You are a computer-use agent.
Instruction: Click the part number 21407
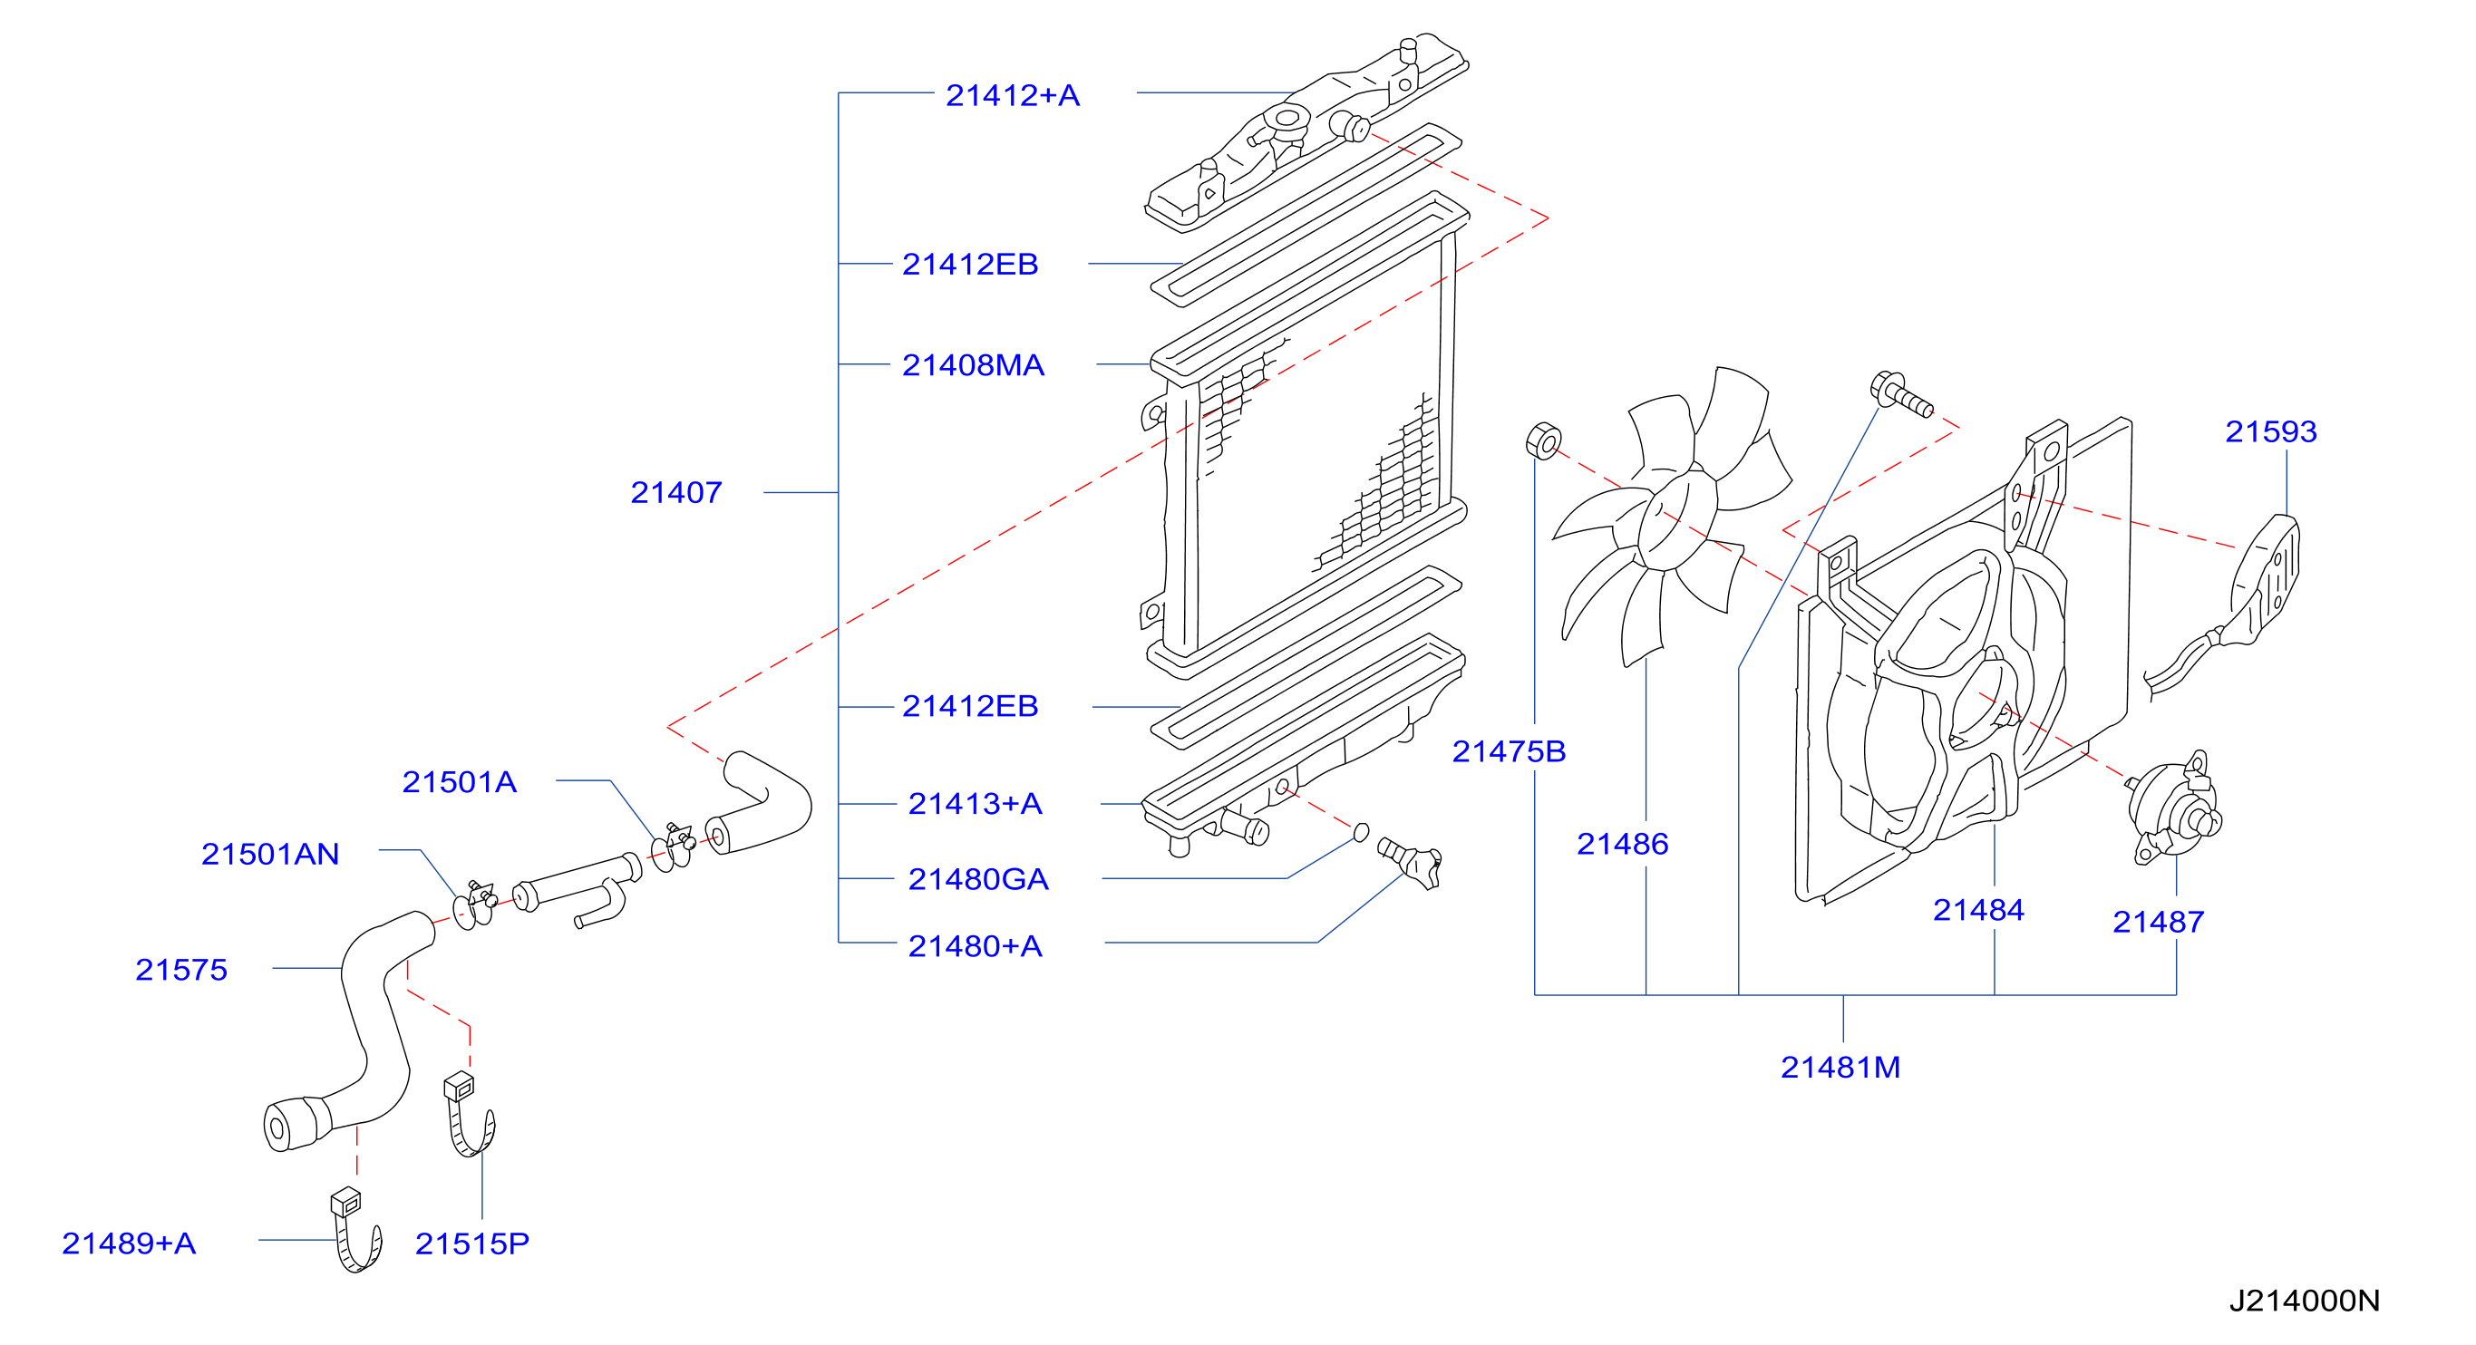click(675, 493)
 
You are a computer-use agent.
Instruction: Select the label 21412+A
click(1012, 95)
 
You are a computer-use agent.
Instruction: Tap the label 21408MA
click(973, 365)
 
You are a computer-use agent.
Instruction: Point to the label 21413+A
click(975, 803)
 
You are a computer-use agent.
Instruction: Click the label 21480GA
click(977, 879)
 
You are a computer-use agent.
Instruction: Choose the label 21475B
click(1509, 751)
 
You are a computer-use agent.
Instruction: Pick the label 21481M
click(1840, 1068)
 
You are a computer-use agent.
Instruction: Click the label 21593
click(2270, 431)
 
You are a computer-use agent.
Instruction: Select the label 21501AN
click(270, 854)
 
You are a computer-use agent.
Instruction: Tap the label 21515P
click(472, 1244)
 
